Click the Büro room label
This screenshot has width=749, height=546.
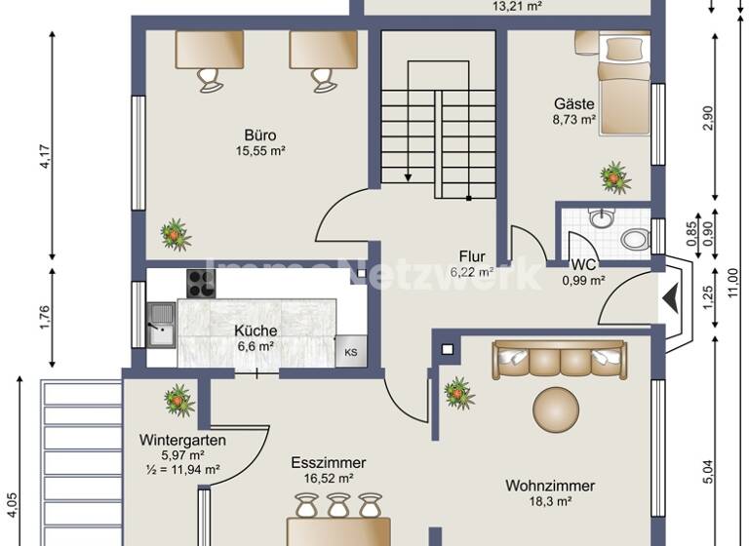pos(259,135)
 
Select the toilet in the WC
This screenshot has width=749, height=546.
pos(635,238)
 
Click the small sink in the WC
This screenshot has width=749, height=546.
pos(602,215)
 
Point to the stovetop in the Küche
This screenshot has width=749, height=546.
pos(200,283)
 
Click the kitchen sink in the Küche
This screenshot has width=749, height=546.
pos(160,323)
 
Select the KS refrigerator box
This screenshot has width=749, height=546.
pos(349,352)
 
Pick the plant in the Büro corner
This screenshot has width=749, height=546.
pos(176,234)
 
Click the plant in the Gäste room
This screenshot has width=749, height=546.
pos(614,177)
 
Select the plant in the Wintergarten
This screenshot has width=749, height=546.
pos(179,400)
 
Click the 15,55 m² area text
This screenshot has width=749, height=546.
pos(259,151)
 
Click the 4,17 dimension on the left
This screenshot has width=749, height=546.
pos(45,156)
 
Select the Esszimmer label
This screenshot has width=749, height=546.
pos(328,463)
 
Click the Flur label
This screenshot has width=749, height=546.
pos(473,257)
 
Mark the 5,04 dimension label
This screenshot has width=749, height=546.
pos(708,468)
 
